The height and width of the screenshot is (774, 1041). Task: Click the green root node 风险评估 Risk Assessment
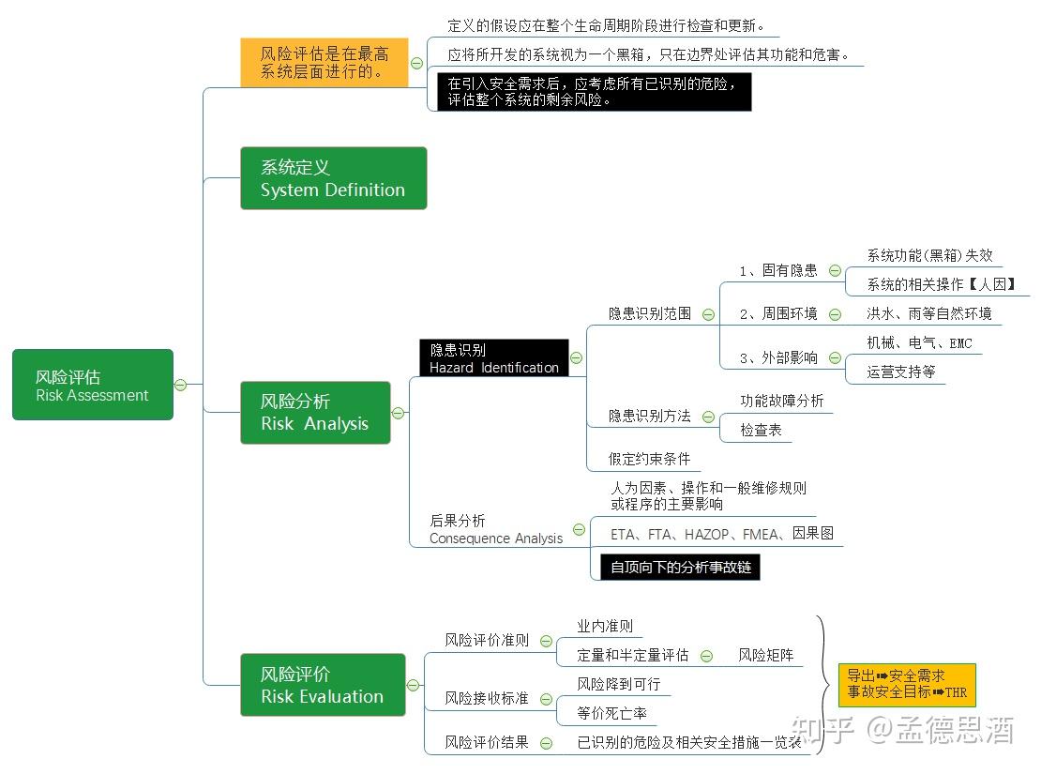[x=92, y=385]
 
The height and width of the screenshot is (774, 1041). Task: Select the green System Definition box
[x=333, y=178]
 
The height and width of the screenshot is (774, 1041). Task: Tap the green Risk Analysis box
[x=315, y=413]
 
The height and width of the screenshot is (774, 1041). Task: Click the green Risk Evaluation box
[x=323, y=685]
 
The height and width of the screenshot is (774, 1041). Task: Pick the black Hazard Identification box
[x=493, y=358]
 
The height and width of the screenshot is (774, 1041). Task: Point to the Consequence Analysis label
[x=496, y=529]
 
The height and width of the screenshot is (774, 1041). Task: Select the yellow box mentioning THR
[x=907, y=684]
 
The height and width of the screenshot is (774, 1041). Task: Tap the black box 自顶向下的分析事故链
[x=680, y=567]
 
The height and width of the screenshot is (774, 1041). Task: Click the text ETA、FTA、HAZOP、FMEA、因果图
[x=721, y=534]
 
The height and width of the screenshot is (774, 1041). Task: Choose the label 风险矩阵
[x=765, y=655]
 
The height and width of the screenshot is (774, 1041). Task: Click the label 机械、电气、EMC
[x=919, y=343]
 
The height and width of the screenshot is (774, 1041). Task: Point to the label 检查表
[x=761, y=430]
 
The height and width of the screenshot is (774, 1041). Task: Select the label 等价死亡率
[x=611, y=713]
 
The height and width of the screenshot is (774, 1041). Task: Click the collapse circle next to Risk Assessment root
[x=180, y=385]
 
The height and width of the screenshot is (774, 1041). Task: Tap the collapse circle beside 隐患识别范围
[x=708, y=314]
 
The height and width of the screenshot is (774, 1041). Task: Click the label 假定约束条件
[x=649, y=459]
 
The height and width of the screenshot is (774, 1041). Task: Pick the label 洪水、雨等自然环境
[x=928, y=313]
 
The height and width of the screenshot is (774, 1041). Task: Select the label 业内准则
[x=605, y=626]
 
